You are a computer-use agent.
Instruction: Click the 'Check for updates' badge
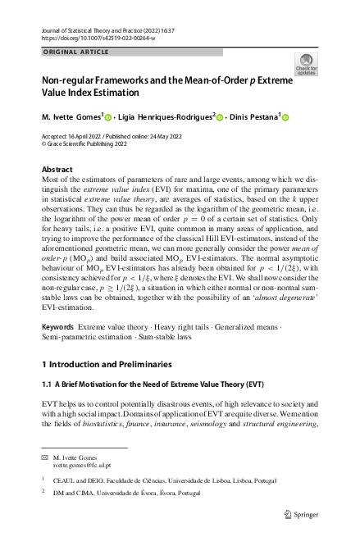pyautogui.click(x=305, y=64)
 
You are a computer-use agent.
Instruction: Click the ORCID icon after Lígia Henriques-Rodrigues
pyautogui.click(x=220, y=117)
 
